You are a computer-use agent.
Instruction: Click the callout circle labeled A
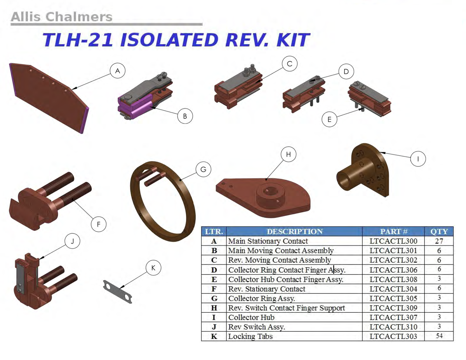point(118,71)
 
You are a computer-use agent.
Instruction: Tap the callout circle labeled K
point(153,268)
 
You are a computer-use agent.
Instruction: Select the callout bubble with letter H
point(289,155)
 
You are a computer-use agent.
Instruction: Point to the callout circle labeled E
point(329,119)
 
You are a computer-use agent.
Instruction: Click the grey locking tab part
point(118,292)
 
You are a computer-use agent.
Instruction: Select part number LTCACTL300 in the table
point(393,241)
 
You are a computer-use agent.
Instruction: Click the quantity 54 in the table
point(439,336)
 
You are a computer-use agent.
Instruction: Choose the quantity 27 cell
point(439,241)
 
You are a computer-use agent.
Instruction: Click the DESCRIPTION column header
point(294,231)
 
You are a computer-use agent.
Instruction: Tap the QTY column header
point(439,231)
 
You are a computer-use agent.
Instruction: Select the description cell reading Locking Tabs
point(250,336)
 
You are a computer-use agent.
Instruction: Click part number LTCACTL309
point(393,308)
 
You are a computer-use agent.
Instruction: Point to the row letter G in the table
point(214,298)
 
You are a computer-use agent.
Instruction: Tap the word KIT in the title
point(293,40)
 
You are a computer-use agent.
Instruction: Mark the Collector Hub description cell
point(251,317)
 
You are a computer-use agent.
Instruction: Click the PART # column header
point(393,231)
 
